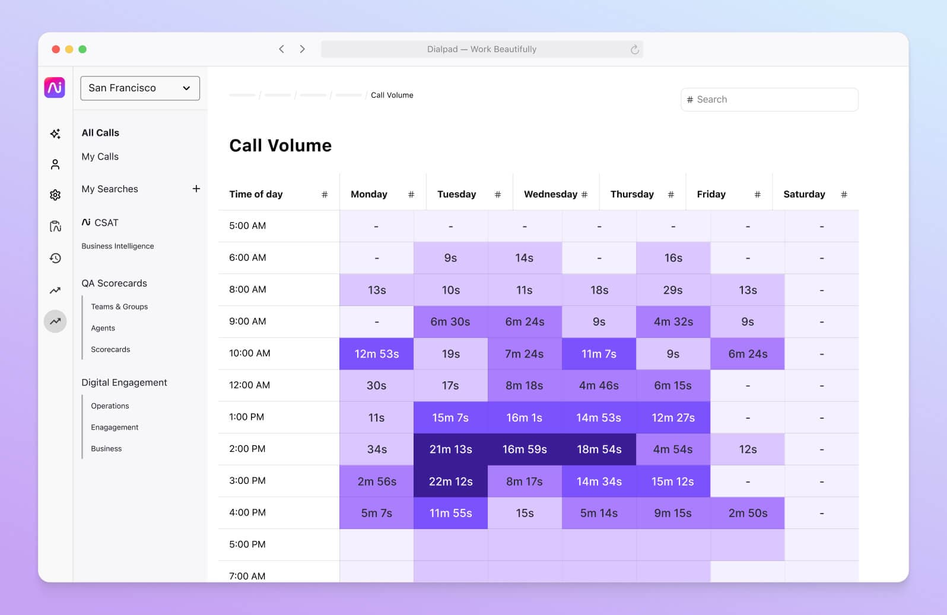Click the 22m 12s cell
(x=450, y=481)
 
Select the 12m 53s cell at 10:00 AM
(x=376, y=353)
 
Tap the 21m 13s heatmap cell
(x=450, y=449)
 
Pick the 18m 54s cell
(x=599, y=449)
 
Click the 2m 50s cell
(x=747, y=513)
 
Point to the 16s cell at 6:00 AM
(x=673, y=257)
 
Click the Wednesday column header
(x=550, y=194)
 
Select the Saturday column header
(x=803, y=194)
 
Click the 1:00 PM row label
(x=246, y=417)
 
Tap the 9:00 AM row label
(x=247, y=321)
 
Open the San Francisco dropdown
(x=140, y=88)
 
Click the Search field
(x=769, y=100)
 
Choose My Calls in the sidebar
(x=100, y=157)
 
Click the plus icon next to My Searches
(x=196, y=189)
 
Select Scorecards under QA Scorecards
(x=110, y=349)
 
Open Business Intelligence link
(x=117, y=246)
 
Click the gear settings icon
(x=55, y=195)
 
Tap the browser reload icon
(x=634, y=49)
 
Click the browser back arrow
(x=282, y=49)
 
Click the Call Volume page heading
(x=280, y=145)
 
